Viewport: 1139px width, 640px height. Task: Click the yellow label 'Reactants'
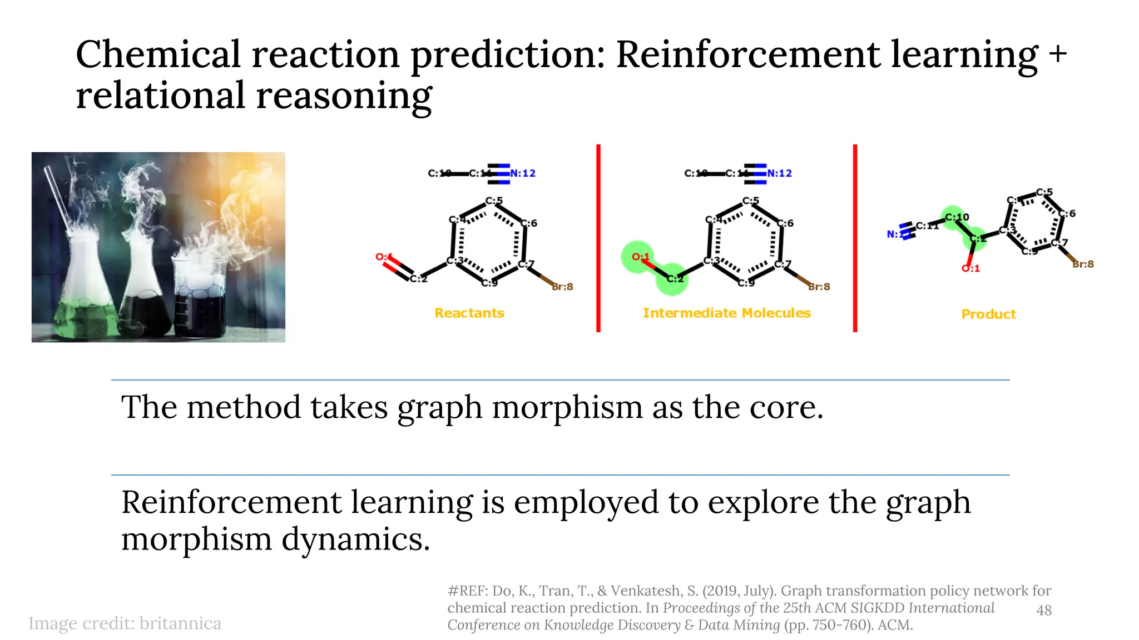pyautogui.click(x=469, y=313)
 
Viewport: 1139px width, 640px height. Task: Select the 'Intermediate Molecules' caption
pyautogui.click(x=726, y=313)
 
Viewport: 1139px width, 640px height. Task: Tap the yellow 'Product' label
pyautogui.click(x=988, y=314)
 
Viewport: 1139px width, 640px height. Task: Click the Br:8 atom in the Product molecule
pyautogui.click(x=1083, y=264)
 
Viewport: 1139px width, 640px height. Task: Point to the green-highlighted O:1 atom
pyautogui.click(x=638, y=257)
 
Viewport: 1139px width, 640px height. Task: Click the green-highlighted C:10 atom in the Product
pyautogui.click(x=955, y=217)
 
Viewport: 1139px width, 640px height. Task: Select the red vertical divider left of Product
pyautogui.click(x=855, y=239)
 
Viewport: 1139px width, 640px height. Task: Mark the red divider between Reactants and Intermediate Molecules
pyautogui.click(x=598, y=239)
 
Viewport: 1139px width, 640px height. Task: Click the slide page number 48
pyautogui.click(x=1044, y=610)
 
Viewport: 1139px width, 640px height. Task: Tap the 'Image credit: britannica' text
pyautogui.click(x=125, y=624)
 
